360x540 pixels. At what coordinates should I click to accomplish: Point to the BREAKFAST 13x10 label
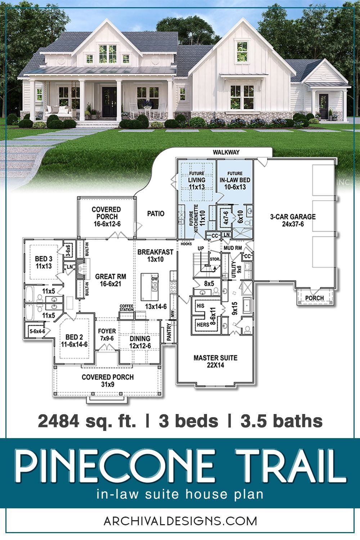pyautogui.click(x=155, y=256)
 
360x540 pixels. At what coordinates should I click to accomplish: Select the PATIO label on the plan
pyautogui.click(x=156, y=213)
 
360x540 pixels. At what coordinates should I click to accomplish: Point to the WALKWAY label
pyautogui.click(x=226, y=152)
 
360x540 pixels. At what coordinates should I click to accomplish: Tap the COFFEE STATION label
pyautogui.click(x=126, y=308)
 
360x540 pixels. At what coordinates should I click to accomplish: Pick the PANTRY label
pyautogui.click(x=169, y=333)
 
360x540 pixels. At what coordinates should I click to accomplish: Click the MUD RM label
pyautogui.click(x=233, y=248)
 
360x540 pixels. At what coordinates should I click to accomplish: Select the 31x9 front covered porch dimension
pyautogui.click(x=108, y=384)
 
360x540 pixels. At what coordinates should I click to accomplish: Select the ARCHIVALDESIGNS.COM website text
pyautogui.click(x=180, y=521)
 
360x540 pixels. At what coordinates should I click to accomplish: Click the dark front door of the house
pyautogui.click(x=107, y=102)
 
